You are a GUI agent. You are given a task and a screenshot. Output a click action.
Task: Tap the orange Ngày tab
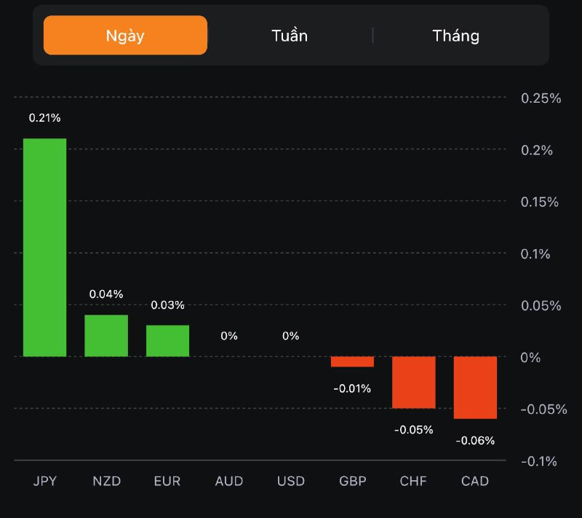(125, 36)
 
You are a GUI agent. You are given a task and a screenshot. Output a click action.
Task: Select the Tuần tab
(290, 36)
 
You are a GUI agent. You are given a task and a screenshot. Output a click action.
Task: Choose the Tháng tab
(456, 36)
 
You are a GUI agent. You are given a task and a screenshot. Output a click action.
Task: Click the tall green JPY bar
(44, 248)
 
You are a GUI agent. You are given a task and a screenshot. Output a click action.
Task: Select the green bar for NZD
(106, 336)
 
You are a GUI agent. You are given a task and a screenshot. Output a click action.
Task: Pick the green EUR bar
(167, 341)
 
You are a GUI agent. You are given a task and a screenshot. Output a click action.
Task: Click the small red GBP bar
(352, 361)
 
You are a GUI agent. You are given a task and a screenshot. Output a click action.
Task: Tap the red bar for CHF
(413, 382)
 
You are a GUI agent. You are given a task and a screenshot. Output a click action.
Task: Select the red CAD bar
(475, 388)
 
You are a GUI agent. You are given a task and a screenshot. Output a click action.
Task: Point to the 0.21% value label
(44, 117)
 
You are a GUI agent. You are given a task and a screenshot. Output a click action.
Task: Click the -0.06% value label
(475, 440)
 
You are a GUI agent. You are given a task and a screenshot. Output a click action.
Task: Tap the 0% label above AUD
(229, 336)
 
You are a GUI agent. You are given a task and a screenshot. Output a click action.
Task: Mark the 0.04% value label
(106, 294)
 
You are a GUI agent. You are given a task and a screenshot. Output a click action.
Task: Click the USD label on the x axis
(291, 482)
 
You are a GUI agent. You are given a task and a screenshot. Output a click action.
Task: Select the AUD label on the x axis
(229, 482)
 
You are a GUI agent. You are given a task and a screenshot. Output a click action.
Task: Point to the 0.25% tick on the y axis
(541, 98)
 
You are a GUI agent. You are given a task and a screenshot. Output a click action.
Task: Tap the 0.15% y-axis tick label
(541, 202)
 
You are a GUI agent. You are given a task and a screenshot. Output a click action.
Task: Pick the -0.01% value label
(352, 388)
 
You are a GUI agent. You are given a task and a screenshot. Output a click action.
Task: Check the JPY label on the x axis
(44, 482)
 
